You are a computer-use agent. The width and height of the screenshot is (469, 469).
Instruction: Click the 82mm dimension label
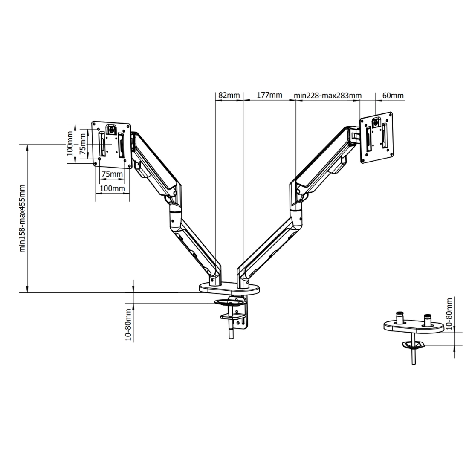pos(229,96)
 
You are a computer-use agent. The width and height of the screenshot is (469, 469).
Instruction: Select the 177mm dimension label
pos(269,96)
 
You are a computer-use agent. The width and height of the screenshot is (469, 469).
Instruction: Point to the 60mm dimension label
pos(393,96)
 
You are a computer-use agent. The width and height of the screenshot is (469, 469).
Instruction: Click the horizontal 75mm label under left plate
pos(112,174)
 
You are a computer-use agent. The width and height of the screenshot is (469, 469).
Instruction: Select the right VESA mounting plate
pos(377,137)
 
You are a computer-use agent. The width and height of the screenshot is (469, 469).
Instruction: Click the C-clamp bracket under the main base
pos(237,318)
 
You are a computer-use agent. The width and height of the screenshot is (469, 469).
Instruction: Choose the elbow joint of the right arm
pos(295,209)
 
